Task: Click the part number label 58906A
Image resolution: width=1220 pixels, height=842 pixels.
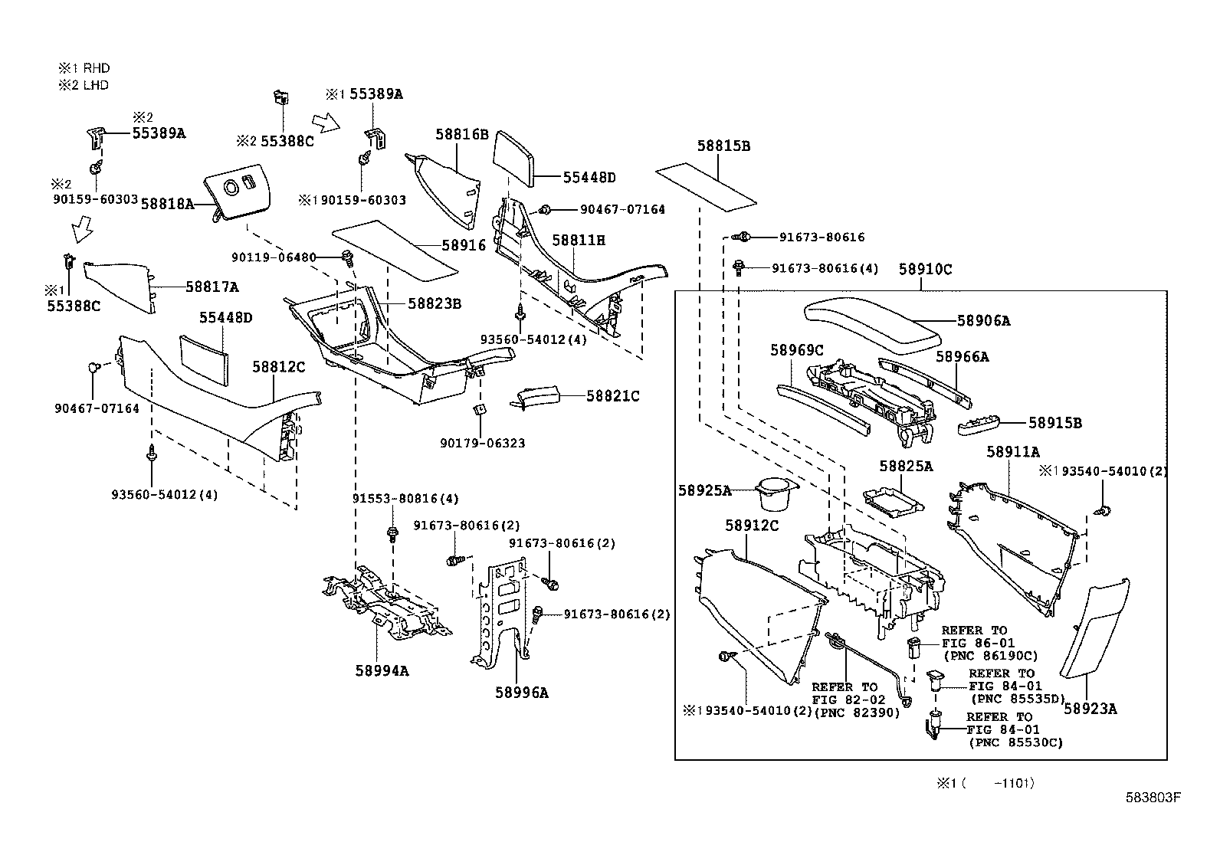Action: point(983,321)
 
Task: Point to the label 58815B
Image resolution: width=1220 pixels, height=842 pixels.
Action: point(723,146)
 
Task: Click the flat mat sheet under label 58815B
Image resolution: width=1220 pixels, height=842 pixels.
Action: point(706,186)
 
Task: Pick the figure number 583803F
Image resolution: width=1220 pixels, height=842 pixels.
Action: point(1153,798)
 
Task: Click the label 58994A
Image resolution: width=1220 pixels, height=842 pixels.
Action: point(382,670)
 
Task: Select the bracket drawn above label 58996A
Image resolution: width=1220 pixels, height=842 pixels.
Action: point(498,613)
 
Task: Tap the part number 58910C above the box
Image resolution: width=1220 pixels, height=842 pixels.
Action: point(925,269)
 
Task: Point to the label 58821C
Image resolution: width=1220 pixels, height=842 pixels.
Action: point(612,396)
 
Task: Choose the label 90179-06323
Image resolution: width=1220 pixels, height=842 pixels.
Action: point(482,443)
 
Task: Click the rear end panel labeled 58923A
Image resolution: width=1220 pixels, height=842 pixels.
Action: point(1092,628)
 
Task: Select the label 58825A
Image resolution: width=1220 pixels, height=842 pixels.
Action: point(906,466)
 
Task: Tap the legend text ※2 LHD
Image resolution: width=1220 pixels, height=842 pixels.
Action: point(84,85)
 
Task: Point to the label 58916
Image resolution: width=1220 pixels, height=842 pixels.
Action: point(464,245)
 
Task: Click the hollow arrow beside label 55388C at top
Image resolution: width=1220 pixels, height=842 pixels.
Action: point(326,121)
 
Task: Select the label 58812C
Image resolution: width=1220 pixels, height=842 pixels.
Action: point(279,367)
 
